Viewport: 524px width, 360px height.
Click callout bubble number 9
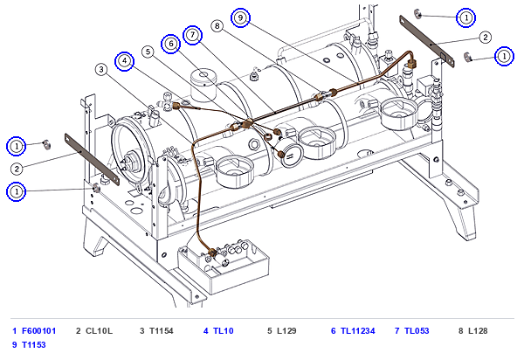click(x=240, y=17)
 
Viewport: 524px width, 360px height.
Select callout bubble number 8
click(x=217, y=25)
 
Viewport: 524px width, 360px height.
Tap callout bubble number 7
click(x=192, y=35)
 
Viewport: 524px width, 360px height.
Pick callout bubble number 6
click(x=171, y=44)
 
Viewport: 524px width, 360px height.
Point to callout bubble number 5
click(x=148, y=52)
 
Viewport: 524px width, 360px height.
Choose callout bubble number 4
click(x=124, y=61)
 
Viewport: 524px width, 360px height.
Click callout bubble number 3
click(x=101, y=70)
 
